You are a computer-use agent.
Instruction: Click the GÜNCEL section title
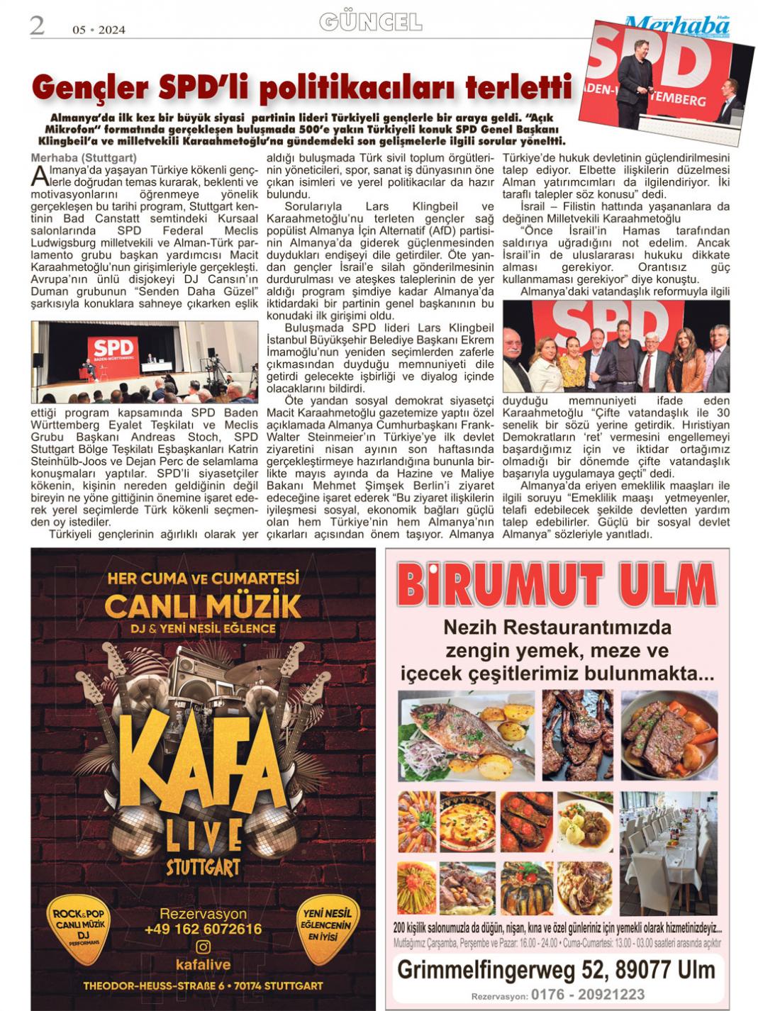coord(370,23)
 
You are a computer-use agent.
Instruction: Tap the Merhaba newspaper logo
coord(676,26)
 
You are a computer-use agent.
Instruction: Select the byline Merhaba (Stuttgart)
coord(84,157)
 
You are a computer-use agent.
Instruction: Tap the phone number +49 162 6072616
coord(203,929)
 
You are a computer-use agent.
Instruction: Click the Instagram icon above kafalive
coord(204,947)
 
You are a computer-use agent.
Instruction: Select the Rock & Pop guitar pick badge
coord(79,928)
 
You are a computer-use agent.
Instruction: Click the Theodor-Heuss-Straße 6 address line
coord(203,985)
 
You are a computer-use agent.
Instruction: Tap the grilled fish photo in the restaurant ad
coord(467,736)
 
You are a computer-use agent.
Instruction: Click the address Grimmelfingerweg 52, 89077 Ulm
coord(556,969)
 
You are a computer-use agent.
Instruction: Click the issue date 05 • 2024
coord(99,30)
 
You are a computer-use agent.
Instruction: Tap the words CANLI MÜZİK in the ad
coord(203,606)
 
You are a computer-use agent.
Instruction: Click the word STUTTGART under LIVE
coord(203,867)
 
